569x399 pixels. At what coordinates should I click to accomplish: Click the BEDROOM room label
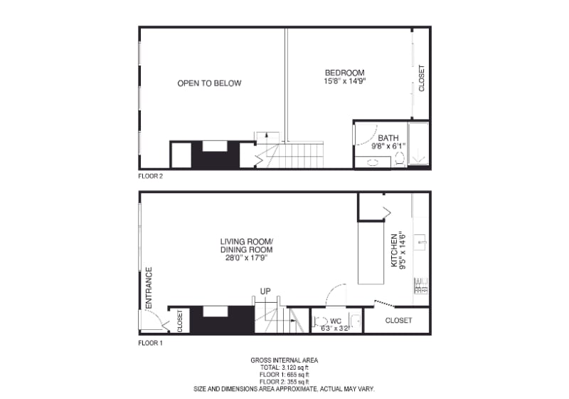tap(344, 73)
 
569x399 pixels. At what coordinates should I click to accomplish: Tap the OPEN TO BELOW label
tap(209, 83)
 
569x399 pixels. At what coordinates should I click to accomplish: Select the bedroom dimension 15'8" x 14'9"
tap(344, 81)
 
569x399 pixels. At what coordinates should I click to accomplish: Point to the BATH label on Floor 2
tap(388, 138)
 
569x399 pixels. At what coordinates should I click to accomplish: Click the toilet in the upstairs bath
tap(399, 159)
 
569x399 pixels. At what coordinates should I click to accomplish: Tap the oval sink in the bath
tap(373, 162)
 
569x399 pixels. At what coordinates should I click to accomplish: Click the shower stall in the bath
tap(418, 143)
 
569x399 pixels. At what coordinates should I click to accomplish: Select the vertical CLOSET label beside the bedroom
tap(421, 78)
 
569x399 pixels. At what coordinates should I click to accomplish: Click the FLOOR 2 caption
tap(150, 176)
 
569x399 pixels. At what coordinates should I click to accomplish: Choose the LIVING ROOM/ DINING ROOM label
tap(246, 246)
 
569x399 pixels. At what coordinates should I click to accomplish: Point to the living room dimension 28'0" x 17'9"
tap(246, 258)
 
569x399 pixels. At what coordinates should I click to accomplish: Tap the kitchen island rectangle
tap(371, 252)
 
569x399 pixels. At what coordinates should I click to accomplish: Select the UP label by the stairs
tap(265, 291)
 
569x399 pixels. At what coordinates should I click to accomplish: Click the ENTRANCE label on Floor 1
tap(149, 288)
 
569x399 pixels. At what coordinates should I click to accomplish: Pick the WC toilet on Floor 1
tap(319, 321)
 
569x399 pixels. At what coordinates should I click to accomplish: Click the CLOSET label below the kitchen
tap(398, 321)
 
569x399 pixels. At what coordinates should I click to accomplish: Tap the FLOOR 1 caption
tap(150, 343)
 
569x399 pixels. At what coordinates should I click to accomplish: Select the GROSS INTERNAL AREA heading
tap(284, 361)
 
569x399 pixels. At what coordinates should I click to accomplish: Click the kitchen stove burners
tap(421, 286)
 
